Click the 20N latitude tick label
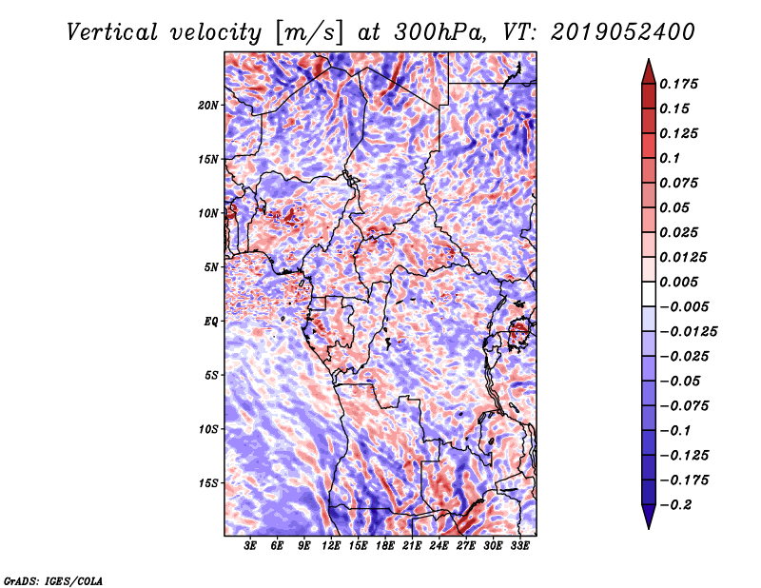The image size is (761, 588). (208, 105)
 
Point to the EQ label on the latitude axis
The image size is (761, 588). (210, 321)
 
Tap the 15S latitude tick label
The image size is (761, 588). (208, 483)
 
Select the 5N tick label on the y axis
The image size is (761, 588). (211, 267)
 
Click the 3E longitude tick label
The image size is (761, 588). (250, 546)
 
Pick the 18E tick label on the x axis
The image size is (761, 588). (385, 546)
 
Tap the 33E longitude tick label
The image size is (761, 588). (519, 546)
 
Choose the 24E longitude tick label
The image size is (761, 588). (439, 546)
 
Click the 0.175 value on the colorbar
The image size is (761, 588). (679, 84)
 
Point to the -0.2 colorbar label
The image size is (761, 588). (675, 505)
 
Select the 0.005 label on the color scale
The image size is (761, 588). (679, 282)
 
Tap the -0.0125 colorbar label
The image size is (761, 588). (689, 332)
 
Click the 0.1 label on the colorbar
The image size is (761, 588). (670, 158)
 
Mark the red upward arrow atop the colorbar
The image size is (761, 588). (649, 71)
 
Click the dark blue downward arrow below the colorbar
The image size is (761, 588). (649, 517)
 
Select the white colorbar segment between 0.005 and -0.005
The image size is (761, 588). (649, 294)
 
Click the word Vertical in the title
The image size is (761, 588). (112, 32)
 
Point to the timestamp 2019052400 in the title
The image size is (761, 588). (623, 32)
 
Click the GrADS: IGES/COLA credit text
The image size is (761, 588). (53, 580)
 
